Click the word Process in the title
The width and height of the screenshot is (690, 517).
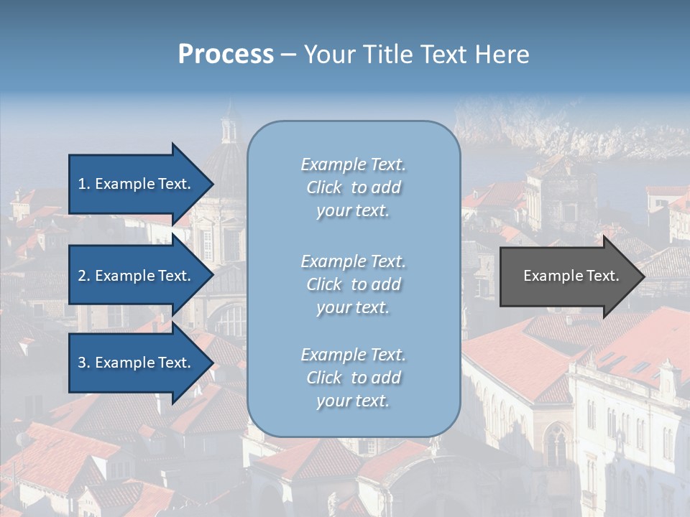(226, 55)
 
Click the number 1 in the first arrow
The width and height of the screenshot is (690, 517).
(82, 184)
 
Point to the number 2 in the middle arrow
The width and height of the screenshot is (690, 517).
(82, 276)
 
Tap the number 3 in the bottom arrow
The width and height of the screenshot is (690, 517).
(82, 363)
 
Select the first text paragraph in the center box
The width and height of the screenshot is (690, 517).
(353, 187)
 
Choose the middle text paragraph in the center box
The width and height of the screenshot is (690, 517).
(353, 284)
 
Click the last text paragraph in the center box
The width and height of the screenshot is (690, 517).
(353, 377)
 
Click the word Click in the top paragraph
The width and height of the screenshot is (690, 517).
(324, 187)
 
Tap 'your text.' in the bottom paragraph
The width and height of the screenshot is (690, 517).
(353, 401)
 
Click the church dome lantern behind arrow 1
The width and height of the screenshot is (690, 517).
(229, 126)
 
